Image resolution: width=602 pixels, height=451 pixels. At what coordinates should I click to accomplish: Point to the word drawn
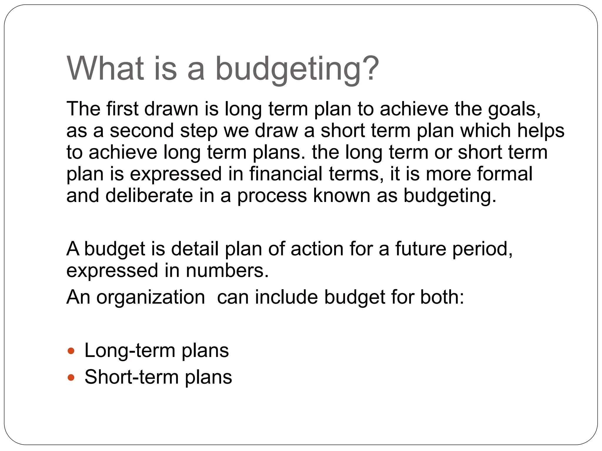171,109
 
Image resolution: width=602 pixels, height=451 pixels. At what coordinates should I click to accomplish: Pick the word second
141,131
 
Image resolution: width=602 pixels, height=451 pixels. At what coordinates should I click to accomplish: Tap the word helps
541,131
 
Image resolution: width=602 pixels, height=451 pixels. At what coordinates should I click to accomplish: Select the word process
272,196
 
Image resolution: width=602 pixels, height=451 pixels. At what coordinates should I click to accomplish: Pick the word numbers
227,270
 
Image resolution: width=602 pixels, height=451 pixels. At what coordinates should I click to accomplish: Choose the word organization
151,297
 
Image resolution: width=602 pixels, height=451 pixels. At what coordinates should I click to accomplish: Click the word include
286,297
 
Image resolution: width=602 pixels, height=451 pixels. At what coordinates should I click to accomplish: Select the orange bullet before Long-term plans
71,351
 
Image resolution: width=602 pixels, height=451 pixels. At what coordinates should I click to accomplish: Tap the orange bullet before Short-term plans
71,377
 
